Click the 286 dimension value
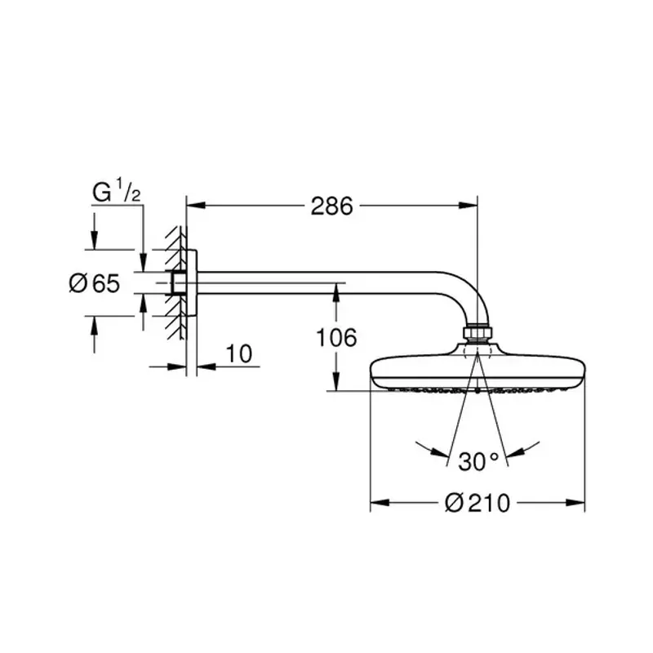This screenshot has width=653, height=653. pos(332,207)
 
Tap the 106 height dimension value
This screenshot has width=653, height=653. pos(336,337)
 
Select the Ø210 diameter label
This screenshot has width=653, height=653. pos(478,503)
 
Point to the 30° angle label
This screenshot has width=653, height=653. pos(478,461)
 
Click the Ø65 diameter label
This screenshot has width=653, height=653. pos(95,283)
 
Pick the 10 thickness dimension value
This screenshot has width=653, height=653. pos(239,353)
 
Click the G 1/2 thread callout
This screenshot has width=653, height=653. pos(117,192)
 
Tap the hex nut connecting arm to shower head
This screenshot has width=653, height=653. pos(478,334)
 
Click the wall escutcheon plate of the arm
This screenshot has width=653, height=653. pos(192,282)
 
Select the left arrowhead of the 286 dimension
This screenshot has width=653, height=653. pos(196,206)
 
